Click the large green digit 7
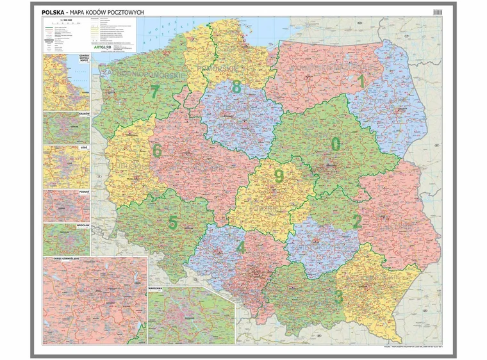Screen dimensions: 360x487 154,92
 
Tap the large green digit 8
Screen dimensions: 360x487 236,87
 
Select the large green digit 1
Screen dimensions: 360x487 361,81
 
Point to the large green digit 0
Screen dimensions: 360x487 336,144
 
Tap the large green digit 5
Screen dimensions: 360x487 172,224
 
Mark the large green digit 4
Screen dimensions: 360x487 240,247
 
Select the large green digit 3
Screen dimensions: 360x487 338,297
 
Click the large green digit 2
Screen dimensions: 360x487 356,222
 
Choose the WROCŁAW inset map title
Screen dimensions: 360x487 82,225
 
